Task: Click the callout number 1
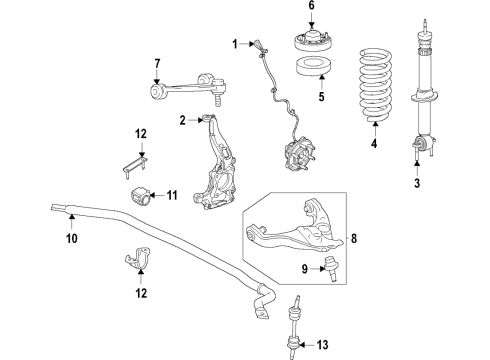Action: [x=236, y=44]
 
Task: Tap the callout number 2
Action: [x=183, y=121]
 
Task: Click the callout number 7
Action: [x=157, y=65]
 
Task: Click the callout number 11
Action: [x=171, y=195]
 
